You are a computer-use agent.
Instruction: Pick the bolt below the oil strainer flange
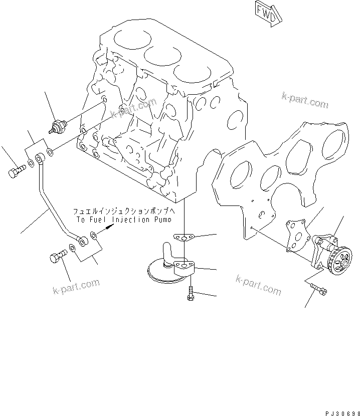coord(191,293)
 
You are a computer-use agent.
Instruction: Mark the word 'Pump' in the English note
coord(161,220)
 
